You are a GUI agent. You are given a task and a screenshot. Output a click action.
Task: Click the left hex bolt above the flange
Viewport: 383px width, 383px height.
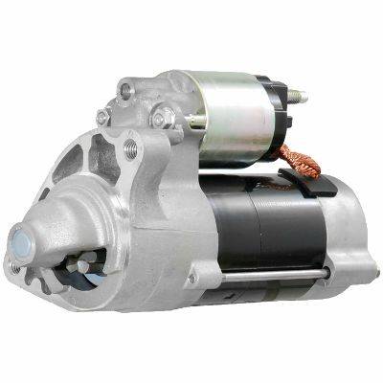pos(103,117)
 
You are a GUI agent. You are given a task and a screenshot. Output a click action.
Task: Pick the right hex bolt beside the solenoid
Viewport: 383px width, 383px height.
pos(162,117)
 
